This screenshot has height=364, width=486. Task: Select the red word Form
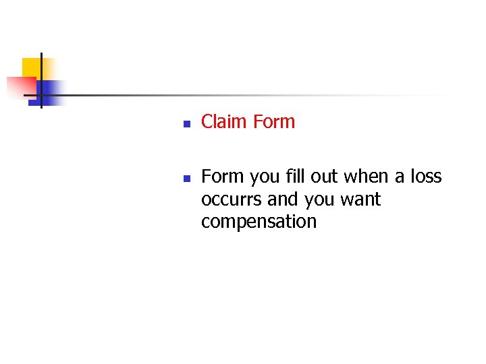273,122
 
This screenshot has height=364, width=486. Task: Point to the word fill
298,177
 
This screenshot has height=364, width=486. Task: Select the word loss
425,177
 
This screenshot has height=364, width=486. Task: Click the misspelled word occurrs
232,200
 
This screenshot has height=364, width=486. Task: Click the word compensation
259,222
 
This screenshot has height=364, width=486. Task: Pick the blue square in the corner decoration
51,91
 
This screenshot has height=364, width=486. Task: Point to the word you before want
320,200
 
